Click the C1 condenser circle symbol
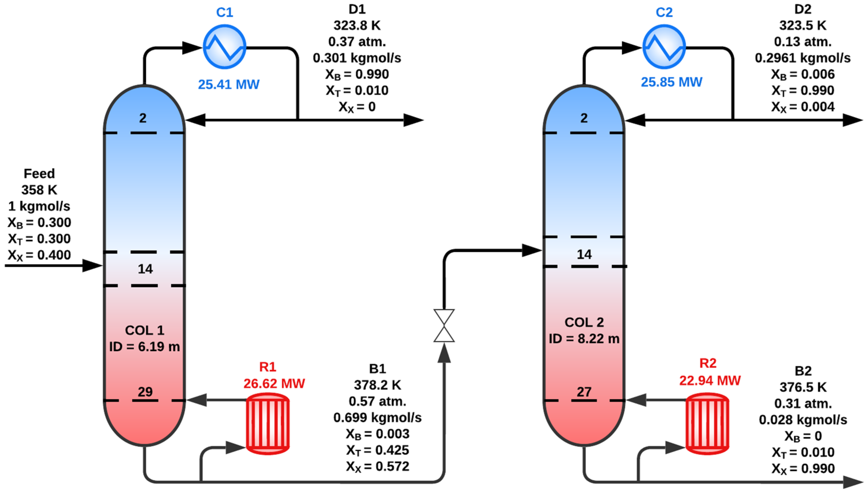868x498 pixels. [x=224, y=47]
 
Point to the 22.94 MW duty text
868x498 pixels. [x=709, y=380]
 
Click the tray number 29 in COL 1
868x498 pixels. [x=145, y=392]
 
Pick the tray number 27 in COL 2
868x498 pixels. [x=584, y=392]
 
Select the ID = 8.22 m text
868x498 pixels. [x=584, y=339]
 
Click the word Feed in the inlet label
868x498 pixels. [x=39, y=173]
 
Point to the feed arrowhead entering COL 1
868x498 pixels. [x=92, y=265]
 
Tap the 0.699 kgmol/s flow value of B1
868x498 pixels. [x=377, y=417]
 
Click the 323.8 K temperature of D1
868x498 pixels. [x=357, y=25]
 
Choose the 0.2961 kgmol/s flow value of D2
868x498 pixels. [x=802, y=58]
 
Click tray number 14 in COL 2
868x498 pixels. [x=584, y=254]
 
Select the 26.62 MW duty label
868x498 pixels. [x=274, y=383]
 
